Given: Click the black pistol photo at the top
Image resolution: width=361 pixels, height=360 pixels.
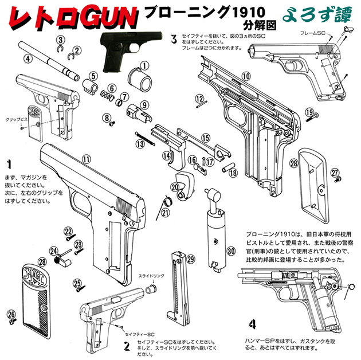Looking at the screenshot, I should pos(121,51).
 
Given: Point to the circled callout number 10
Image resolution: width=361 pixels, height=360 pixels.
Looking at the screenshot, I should pos(246,76).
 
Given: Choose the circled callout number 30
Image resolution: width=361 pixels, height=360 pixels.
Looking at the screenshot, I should pos(231,251).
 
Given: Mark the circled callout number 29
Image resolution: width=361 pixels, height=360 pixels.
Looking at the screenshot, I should pos(191,259).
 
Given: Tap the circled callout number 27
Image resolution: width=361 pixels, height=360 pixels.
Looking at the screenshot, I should pos(335,171).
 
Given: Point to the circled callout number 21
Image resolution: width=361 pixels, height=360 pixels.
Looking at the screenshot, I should pos(166,213).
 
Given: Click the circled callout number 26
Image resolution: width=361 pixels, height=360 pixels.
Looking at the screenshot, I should pos(11,314).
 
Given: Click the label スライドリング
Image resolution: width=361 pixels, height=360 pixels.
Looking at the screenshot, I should pos(151,276).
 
